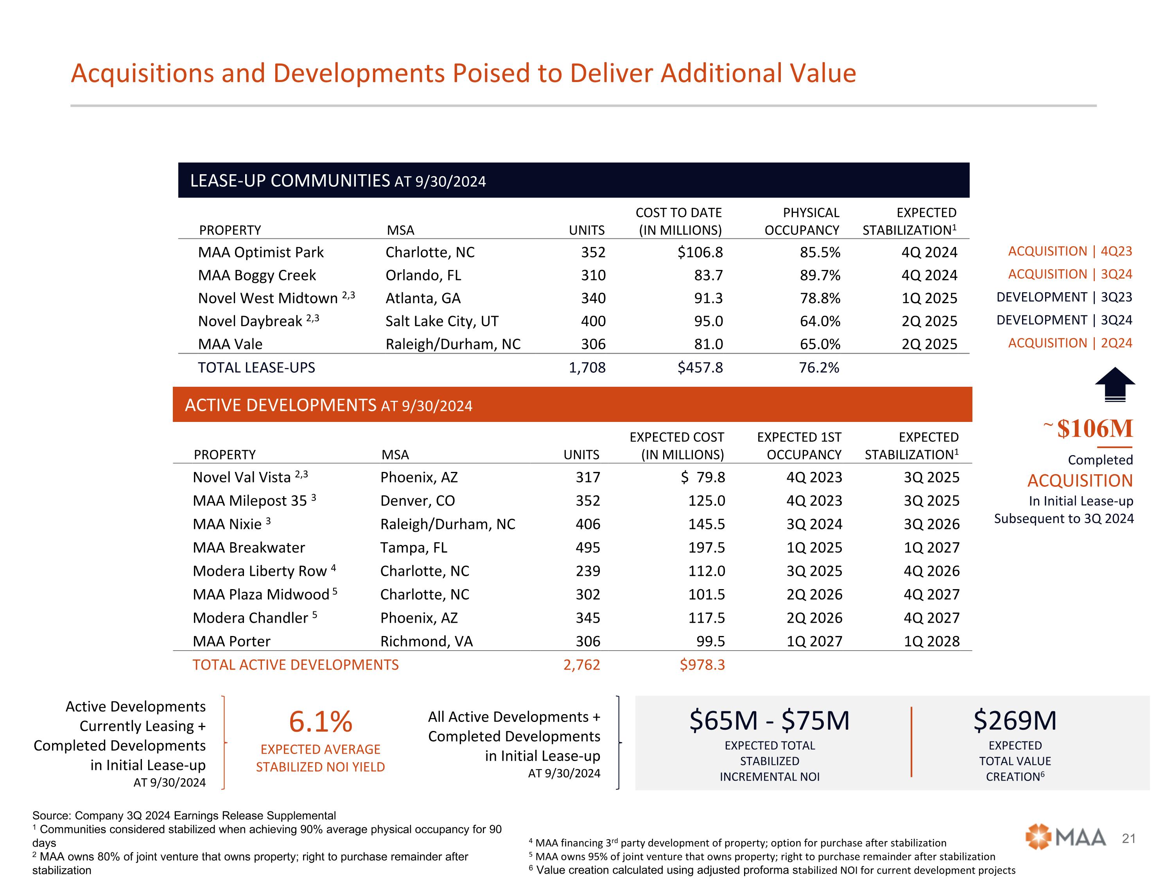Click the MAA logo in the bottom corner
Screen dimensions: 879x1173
point(1065,837)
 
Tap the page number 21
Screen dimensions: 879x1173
point(1129,838)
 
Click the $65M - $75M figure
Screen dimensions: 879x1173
point(769,720)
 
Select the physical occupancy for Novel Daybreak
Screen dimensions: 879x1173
point(820,321)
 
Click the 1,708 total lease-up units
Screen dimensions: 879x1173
point(587,367)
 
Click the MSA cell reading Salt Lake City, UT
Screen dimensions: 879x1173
point(442,321)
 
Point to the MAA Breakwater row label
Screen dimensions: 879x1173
point(249,547)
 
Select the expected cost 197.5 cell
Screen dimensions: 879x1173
point(707,547)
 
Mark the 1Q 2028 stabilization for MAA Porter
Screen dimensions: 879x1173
point(931,641)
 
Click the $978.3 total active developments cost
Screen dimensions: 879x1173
point(702,665)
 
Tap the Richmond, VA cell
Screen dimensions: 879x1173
point(426,641)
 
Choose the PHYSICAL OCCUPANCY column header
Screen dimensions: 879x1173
point(802,221)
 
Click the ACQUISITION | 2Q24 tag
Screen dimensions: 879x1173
point(1070,343)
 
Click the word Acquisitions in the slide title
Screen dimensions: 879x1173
point(142,73)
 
